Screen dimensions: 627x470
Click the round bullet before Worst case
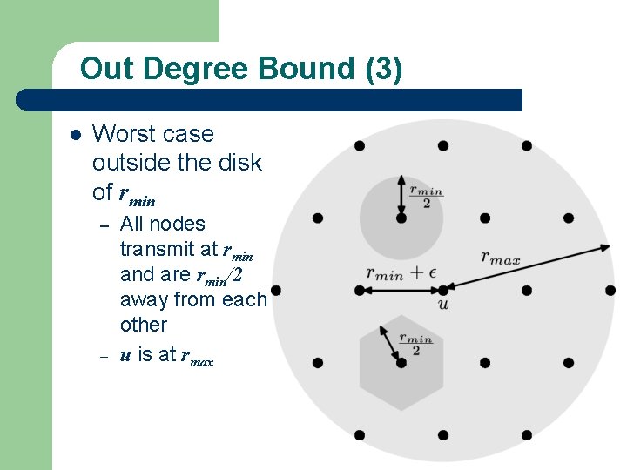point(74,135)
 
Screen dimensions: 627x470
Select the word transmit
point(156,249)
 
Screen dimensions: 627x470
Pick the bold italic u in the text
point(125,353)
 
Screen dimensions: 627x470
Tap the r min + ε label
point(400,272)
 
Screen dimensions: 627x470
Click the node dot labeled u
point(443,289)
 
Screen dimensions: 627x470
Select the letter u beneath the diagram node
point(443,305)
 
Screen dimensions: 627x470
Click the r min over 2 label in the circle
point(426,196)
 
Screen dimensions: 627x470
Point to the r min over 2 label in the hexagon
point(415,344)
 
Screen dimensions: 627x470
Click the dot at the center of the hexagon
point(401,362)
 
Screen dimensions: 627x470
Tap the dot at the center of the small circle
point(401,218)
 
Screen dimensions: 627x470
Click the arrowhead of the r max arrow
point(607,247)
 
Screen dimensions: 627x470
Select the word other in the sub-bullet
point(143,325)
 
